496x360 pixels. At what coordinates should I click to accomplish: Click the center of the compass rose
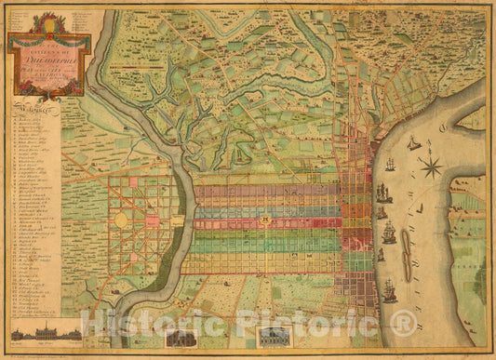431,167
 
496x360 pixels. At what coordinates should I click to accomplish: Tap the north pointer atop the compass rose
431,154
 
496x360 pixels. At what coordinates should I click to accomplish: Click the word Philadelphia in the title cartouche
50,51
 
